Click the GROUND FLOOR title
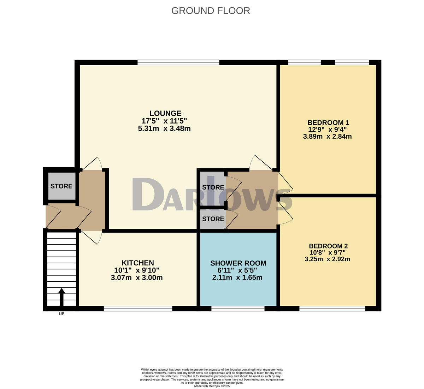click(211, 11)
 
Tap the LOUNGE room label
click(165, 113)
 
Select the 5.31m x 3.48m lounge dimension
click(164, 128)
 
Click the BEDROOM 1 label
click(328, 123)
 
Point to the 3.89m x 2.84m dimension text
click(327, 137)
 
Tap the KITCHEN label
click(137, 263)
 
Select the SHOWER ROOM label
click(238, 263)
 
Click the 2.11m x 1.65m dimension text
click(237, 277)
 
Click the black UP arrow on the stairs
click(61, 297)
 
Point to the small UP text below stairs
click(61, 314)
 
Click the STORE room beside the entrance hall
click(61, 186)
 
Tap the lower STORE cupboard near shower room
click(213, 219)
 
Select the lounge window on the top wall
click(178, 62)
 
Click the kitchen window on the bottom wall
click(138, 309)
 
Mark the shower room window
click(238, 309)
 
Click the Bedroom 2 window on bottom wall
click(332, 309)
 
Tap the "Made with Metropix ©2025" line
click(212, 386)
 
